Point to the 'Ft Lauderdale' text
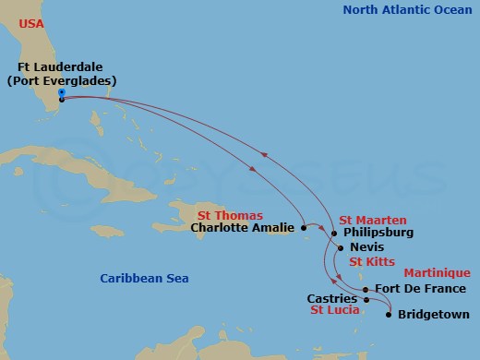(59, 66)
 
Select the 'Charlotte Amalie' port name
(245, 227)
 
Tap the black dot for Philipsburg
(334, 233)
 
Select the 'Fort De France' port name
(420, 289)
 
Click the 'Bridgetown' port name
(433, 315)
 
